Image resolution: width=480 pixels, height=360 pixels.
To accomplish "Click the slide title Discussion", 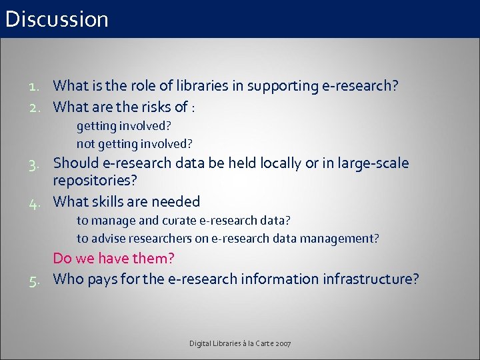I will [57, 19].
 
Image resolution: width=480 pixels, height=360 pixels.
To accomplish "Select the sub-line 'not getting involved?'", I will [134, 143].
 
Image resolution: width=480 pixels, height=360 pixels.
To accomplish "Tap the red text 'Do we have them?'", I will [113, 258].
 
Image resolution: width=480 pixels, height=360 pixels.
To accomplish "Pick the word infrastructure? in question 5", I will [371, 279].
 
